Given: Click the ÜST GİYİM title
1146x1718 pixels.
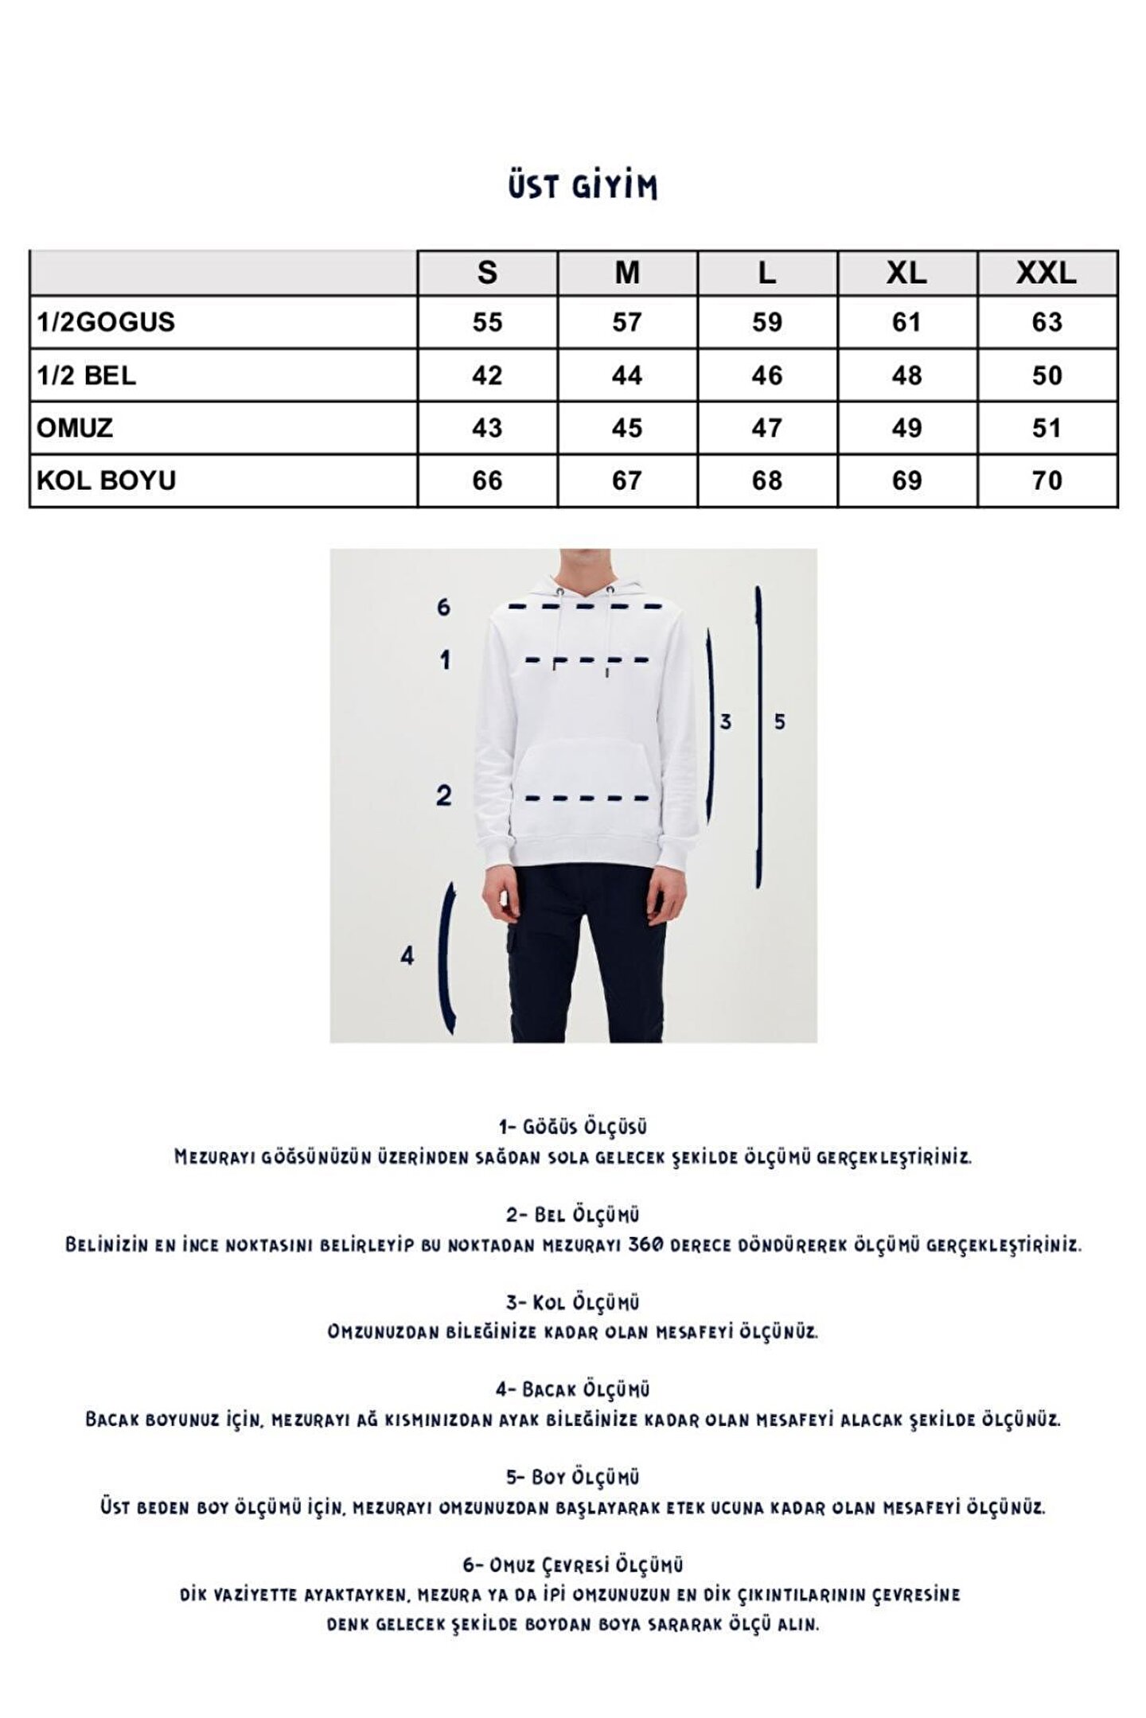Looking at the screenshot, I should click(x=583, y=187).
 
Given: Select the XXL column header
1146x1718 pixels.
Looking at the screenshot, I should click(x=1047, y=273).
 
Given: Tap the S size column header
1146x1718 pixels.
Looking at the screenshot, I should click(x=487, y=273).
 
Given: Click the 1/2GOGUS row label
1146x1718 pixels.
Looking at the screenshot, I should click(x=106, y=322).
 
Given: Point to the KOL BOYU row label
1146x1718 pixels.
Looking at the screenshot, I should click(x=106, y=480).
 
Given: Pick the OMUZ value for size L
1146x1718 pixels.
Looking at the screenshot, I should click(x=766, y=428).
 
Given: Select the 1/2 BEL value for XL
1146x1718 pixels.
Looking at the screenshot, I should click(x=906, y=375).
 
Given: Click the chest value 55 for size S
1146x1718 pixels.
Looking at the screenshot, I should click(x=487, y=322).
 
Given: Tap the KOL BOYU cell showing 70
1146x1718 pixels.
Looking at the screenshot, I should click(x=1047, y=480).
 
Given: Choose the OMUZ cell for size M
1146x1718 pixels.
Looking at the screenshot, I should click(x=627, y=428).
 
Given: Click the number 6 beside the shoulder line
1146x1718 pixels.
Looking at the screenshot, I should click(x=443, y=608).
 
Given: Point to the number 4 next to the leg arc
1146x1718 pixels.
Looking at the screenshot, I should click(x=407, y=955).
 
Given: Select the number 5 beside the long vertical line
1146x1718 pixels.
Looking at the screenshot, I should click(x=780, y=721).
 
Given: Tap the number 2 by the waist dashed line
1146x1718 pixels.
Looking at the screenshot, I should click(x=443, y=795).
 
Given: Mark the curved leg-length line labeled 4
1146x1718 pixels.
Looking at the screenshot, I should click(x=447, y=958).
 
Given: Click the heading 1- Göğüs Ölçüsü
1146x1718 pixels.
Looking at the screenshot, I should click(x=573, y=1127).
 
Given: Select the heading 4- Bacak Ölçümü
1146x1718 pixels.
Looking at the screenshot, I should click(x=573, y=1390).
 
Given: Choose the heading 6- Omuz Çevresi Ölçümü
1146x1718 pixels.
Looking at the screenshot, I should click(x=573, y=1565).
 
